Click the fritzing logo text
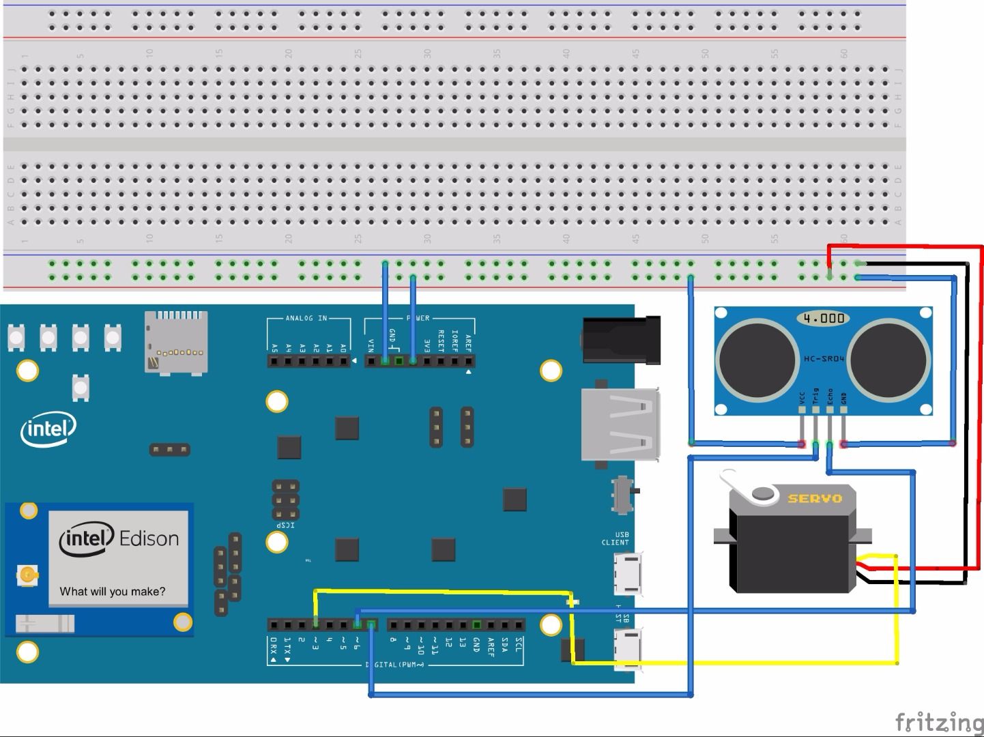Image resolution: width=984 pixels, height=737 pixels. pyautogui.click(x=938, y=722)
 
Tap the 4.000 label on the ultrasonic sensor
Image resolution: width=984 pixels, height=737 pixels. pyautogui.click(x=824, y=318)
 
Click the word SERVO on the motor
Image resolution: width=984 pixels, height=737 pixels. pyautogui.click(x=815, y=498)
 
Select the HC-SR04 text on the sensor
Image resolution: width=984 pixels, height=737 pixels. pyautogui.click(x=824, y=358)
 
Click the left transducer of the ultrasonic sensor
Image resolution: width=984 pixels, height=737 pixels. pyautogui.click(x=757, y=359)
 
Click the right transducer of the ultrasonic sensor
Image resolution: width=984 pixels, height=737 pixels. pyautogui.click(x=889, y=359)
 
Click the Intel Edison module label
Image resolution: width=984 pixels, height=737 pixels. pyautogui.click(x=119, y=539)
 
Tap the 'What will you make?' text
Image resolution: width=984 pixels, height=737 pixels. pyautogui.click(x=113, y=592)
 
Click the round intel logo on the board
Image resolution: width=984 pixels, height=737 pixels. pyautogui.click(x=48, y=429)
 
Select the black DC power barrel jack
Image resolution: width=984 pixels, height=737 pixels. pyautogui.click(x=621, y=339)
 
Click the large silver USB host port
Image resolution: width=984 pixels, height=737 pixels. pyautogui.click(x=620, y=424)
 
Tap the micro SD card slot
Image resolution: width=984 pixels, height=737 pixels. pyautogui.click(x=175, y=343)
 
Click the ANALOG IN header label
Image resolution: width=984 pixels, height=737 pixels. pyautogui.click(x=306, y=318)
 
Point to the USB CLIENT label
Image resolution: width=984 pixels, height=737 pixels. pyautogui.click(x=616, y=539)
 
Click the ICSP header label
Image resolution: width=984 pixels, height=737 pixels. pyautogui.click(x=285, y=525)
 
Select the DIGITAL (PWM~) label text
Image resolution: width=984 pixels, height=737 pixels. pyautogui.click(x=395, y=664)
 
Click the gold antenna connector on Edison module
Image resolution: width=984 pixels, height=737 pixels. pyautogui.click(x=27, y=576)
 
